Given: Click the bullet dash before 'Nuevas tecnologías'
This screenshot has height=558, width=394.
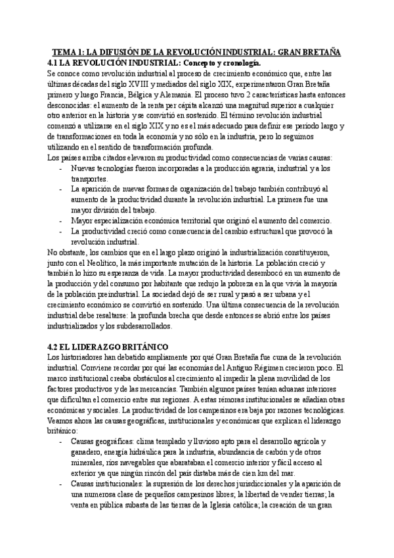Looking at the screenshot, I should pyautogui.click(x=61, y=169).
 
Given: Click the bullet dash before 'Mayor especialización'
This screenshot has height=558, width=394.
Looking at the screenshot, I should pyautogui.click(x=61, y=220).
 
